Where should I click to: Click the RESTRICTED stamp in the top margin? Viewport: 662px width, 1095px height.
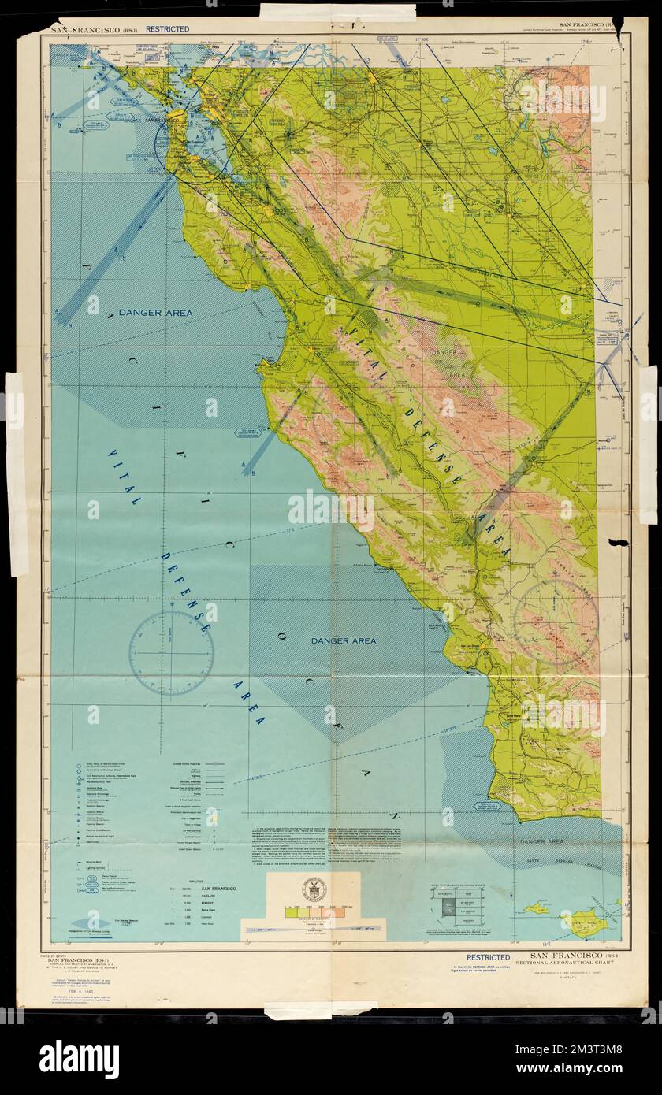[x=166, y=29]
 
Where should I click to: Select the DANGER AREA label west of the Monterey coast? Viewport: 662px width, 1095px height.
[x=156, y=313]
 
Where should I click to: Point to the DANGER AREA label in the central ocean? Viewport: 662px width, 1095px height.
[x=343, y=640]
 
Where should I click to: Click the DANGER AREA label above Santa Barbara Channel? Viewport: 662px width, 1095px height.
[x=541, y=842]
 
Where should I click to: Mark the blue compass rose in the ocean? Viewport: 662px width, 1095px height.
[x=171, y=653]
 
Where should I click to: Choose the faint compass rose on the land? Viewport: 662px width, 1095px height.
[x=555, y=625]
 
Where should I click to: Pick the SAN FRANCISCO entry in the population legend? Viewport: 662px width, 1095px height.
[x=218, y=889]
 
